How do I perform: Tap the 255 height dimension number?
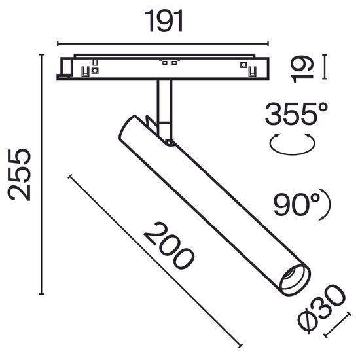click(x=21, y=173)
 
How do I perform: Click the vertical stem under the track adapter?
click(x=163, y=101)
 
